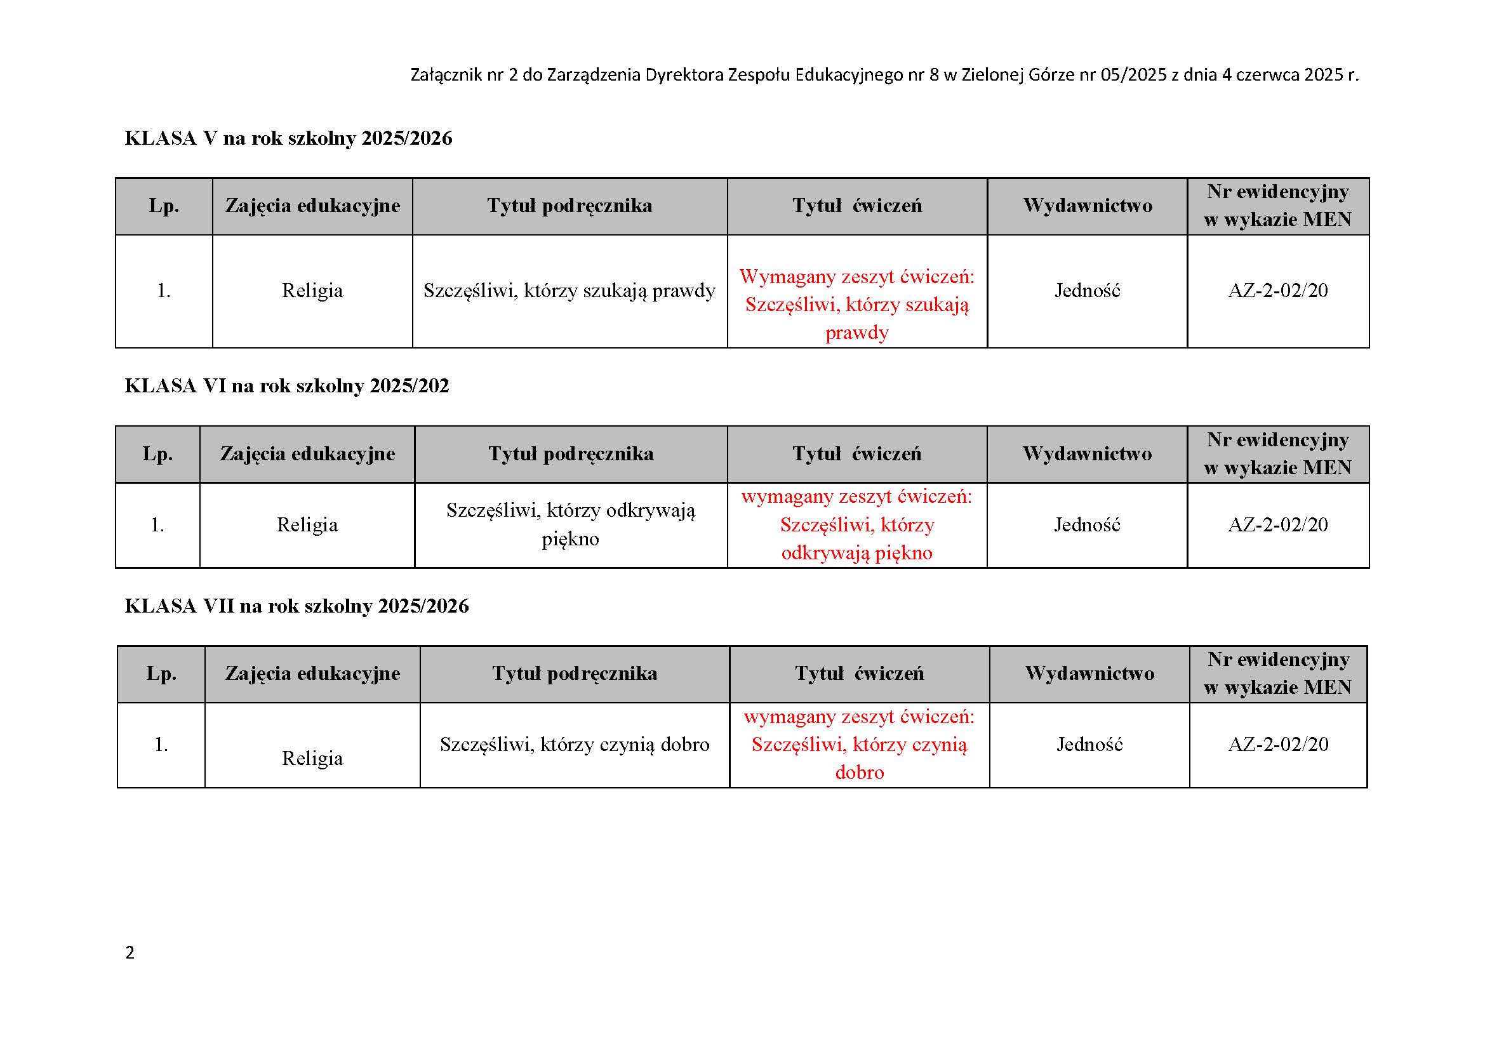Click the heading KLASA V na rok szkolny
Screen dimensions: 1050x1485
(x=288, y=138)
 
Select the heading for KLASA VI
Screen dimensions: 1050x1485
(x=286, y=386)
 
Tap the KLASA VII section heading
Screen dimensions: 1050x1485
(x=296, y=606)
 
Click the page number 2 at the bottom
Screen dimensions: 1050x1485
(x=130, y=952)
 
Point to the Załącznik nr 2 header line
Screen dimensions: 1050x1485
(x=884, y=75)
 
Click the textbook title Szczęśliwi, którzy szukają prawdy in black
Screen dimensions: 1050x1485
(x=569, y=291)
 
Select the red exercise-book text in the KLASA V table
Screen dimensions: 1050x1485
(x=857, y=305)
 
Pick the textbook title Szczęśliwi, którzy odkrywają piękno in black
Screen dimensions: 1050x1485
(x=571, y=524)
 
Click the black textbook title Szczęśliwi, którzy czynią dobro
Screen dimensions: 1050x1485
(x=575, y=744)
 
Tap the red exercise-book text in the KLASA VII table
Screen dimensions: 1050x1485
(x=859, y=744)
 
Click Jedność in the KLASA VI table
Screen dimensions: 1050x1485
(x=1086, y=524)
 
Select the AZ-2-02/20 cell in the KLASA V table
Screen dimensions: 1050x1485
(x=1277, y=290)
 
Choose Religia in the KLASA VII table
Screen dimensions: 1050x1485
(x=312, y=758)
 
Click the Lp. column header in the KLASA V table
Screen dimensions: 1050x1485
(x=164, y=206)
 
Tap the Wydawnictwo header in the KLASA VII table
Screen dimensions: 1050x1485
(x=1089, y=673)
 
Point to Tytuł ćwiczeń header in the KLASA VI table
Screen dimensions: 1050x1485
(x=857, y=453)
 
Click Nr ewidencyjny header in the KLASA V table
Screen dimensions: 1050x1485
(x=1277, y=206)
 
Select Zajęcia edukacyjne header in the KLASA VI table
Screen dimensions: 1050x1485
(x=307, y=453)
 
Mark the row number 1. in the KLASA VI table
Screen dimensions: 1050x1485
(x=157, y=524)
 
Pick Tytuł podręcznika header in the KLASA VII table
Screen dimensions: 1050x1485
(x=575, y=673)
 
